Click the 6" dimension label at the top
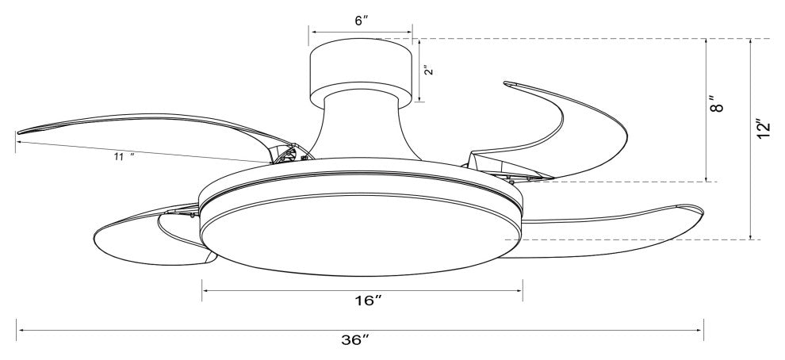click(362, 21)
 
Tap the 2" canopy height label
click(427, 70)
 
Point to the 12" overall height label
click(764, 129)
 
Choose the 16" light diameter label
click(369, 301)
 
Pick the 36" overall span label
click(355, 340)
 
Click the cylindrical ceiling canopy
click(361, 73)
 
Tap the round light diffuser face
click(361, 235)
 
